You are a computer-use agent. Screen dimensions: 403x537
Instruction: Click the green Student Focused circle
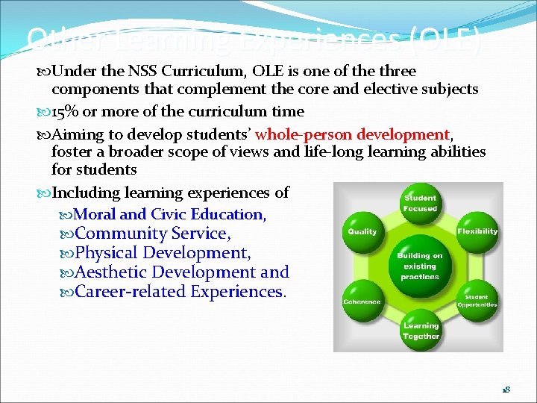(420, 204)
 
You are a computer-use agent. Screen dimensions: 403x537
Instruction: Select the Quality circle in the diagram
(362, 231)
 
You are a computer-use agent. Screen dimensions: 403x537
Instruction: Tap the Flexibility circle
(477, 231)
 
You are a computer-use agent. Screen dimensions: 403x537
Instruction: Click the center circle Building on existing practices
(420, 266)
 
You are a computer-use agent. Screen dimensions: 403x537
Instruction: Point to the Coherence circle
(362, 301)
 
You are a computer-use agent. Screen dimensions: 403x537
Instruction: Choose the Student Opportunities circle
(477, 301)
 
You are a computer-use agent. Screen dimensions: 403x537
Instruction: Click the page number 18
(505, 390)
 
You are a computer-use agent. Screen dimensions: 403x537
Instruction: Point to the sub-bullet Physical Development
(163, 253)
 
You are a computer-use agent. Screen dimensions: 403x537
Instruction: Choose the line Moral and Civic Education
(169, 214)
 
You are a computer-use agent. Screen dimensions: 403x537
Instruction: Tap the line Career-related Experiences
(180, 292)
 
